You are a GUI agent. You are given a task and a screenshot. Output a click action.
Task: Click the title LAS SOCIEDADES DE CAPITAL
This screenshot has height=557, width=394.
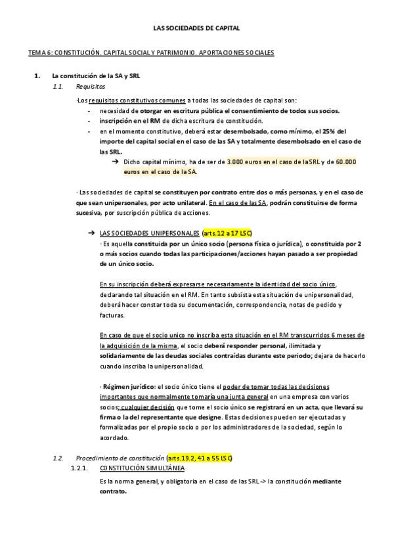click(x=196, y=29)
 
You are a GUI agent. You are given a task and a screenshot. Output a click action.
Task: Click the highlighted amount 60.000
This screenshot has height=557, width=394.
click(x=346, y=161)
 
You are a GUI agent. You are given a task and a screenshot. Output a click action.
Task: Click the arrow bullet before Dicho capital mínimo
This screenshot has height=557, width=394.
click(x=114, y=161)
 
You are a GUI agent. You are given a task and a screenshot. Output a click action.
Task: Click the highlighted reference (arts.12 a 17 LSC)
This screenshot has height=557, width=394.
click(x=227, y=234)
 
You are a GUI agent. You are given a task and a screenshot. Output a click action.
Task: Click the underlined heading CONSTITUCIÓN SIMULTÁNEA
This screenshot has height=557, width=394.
click(x=142, y=468)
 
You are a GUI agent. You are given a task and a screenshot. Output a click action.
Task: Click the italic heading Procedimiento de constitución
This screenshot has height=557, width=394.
click(x=120, y=457)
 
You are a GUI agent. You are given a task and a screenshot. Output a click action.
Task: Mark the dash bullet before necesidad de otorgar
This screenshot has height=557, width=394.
click(x=89, y=111)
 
